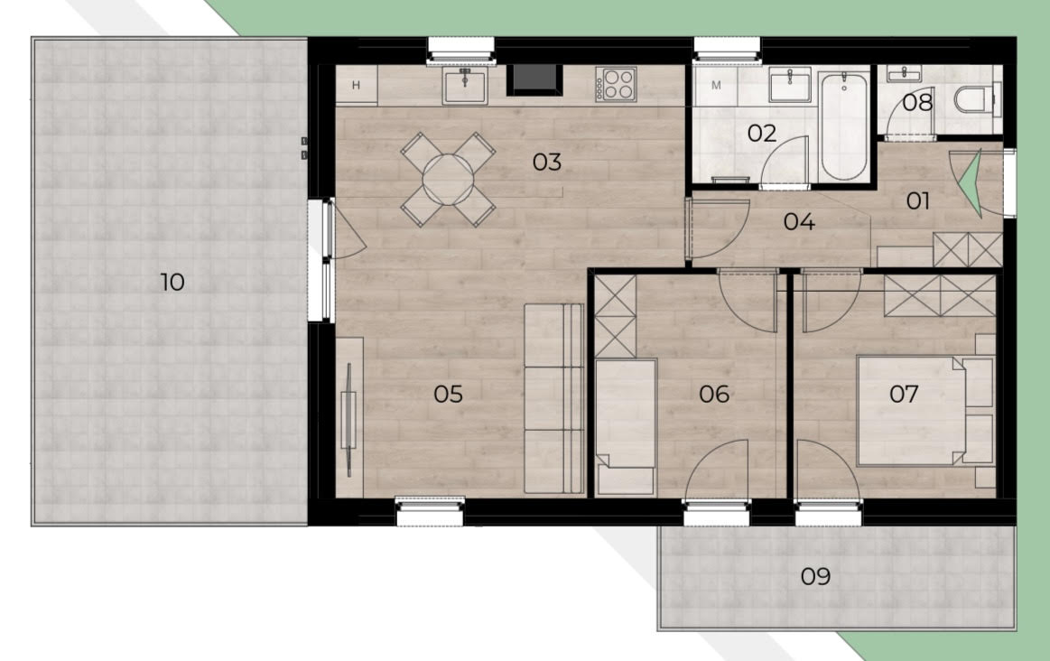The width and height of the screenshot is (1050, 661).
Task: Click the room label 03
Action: point(546,162)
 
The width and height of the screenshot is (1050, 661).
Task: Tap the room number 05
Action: point(448,394)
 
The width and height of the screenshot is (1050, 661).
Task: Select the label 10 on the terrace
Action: point(172,282)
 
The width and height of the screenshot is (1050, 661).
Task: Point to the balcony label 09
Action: point(815,576)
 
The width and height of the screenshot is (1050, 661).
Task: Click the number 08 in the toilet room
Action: point(917,102)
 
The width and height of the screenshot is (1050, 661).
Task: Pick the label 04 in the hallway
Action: point(799,221)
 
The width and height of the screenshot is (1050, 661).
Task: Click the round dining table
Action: point(448,180)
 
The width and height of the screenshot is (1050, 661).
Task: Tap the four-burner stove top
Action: point(616,85)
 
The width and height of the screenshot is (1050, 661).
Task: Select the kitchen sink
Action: point(465,85)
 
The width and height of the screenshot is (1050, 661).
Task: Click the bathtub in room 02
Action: point(844,126)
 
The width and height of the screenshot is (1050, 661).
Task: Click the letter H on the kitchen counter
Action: point(356,85)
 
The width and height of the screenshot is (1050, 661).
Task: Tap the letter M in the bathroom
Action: point(716,85)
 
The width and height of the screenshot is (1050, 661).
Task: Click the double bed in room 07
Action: point(925,410)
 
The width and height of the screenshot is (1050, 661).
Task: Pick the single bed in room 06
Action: point(626,427)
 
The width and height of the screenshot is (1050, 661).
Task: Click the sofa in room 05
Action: point(553,399)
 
